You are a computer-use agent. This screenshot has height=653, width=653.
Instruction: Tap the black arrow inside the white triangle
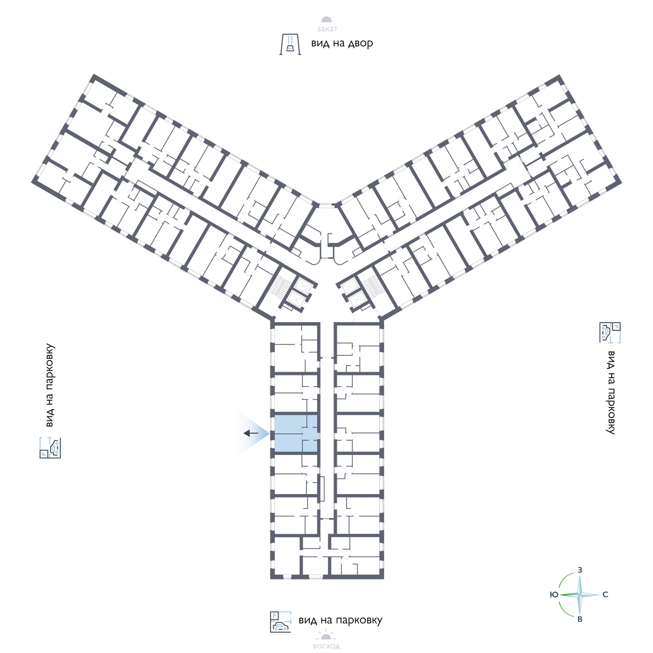(x=251, y=433)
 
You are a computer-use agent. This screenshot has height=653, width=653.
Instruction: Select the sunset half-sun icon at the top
(x=326, y=21)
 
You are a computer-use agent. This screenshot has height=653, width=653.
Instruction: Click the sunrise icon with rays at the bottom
(x=326, y=634)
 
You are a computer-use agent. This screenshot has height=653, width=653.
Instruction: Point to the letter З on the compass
(x=580, y=569)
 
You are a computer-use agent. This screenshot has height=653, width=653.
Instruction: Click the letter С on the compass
(x=605, y=595)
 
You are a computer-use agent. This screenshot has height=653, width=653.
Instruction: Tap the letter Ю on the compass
(x=553, y=595)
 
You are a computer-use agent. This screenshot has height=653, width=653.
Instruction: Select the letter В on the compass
(x=580, y=620)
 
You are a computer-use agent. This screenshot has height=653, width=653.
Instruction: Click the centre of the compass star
(x=580, y=595)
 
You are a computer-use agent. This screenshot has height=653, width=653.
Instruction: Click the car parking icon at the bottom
(x=280, y=622)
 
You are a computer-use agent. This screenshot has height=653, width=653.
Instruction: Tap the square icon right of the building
(x=610, y=332)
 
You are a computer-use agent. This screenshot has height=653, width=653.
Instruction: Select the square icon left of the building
(x=50, y=447)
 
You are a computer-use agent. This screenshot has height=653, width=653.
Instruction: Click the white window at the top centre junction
(x=326, y=205)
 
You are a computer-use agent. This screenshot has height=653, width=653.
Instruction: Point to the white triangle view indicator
(x=245, y=433)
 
